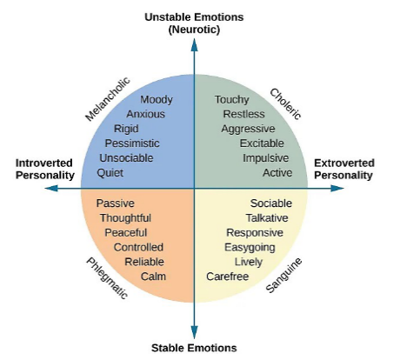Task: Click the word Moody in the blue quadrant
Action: click(157, 100)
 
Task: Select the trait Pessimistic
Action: click(133, 143)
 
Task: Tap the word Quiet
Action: click(110, 172)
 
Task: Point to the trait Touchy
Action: click(231, 100)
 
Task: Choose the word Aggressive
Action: click(248, 129)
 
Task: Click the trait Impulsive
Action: click(265, 158)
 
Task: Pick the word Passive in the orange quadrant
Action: click(115, 203)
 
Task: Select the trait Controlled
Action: click(138, 248)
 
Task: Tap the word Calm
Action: click(153, 277)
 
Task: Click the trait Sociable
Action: click(271, 203)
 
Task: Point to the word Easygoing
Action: click(250, 248)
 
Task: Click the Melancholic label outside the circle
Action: click(107, 98)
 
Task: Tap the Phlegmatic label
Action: click(107, 277)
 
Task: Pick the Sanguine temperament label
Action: click(283, 274)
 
